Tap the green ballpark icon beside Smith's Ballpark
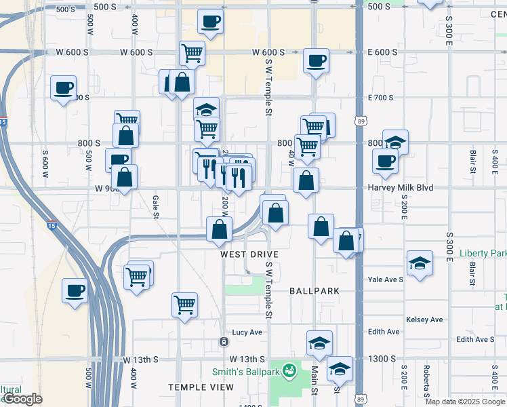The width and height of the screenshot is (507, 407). [x=290, y=370]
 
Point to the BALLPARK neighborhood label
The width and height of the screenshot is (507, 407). [x=314, y=290]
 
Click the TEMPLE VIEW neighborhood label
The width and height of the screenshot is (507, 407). [x=201, y=387]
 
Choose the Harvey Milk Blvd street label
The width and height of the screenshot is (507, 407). [x=401, y=187]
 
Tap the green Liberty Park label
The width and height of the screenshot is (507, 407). [x=483, y=253]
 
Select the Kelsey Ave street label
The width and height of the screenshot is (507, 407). [x=424, y=319]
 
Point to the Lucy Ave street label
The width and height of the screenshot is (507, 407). [x=247, y=332]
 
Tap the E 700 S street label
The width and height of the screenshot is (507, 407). [x=380, y=98]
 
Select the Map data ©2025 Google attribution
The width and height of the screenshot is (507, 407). [x=465, y=402]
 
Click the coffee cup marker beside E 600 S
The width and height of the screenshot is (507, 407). [x=316, y=61]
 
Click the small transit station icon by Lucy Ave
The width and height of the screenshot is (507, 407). [x=223, y=341]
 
